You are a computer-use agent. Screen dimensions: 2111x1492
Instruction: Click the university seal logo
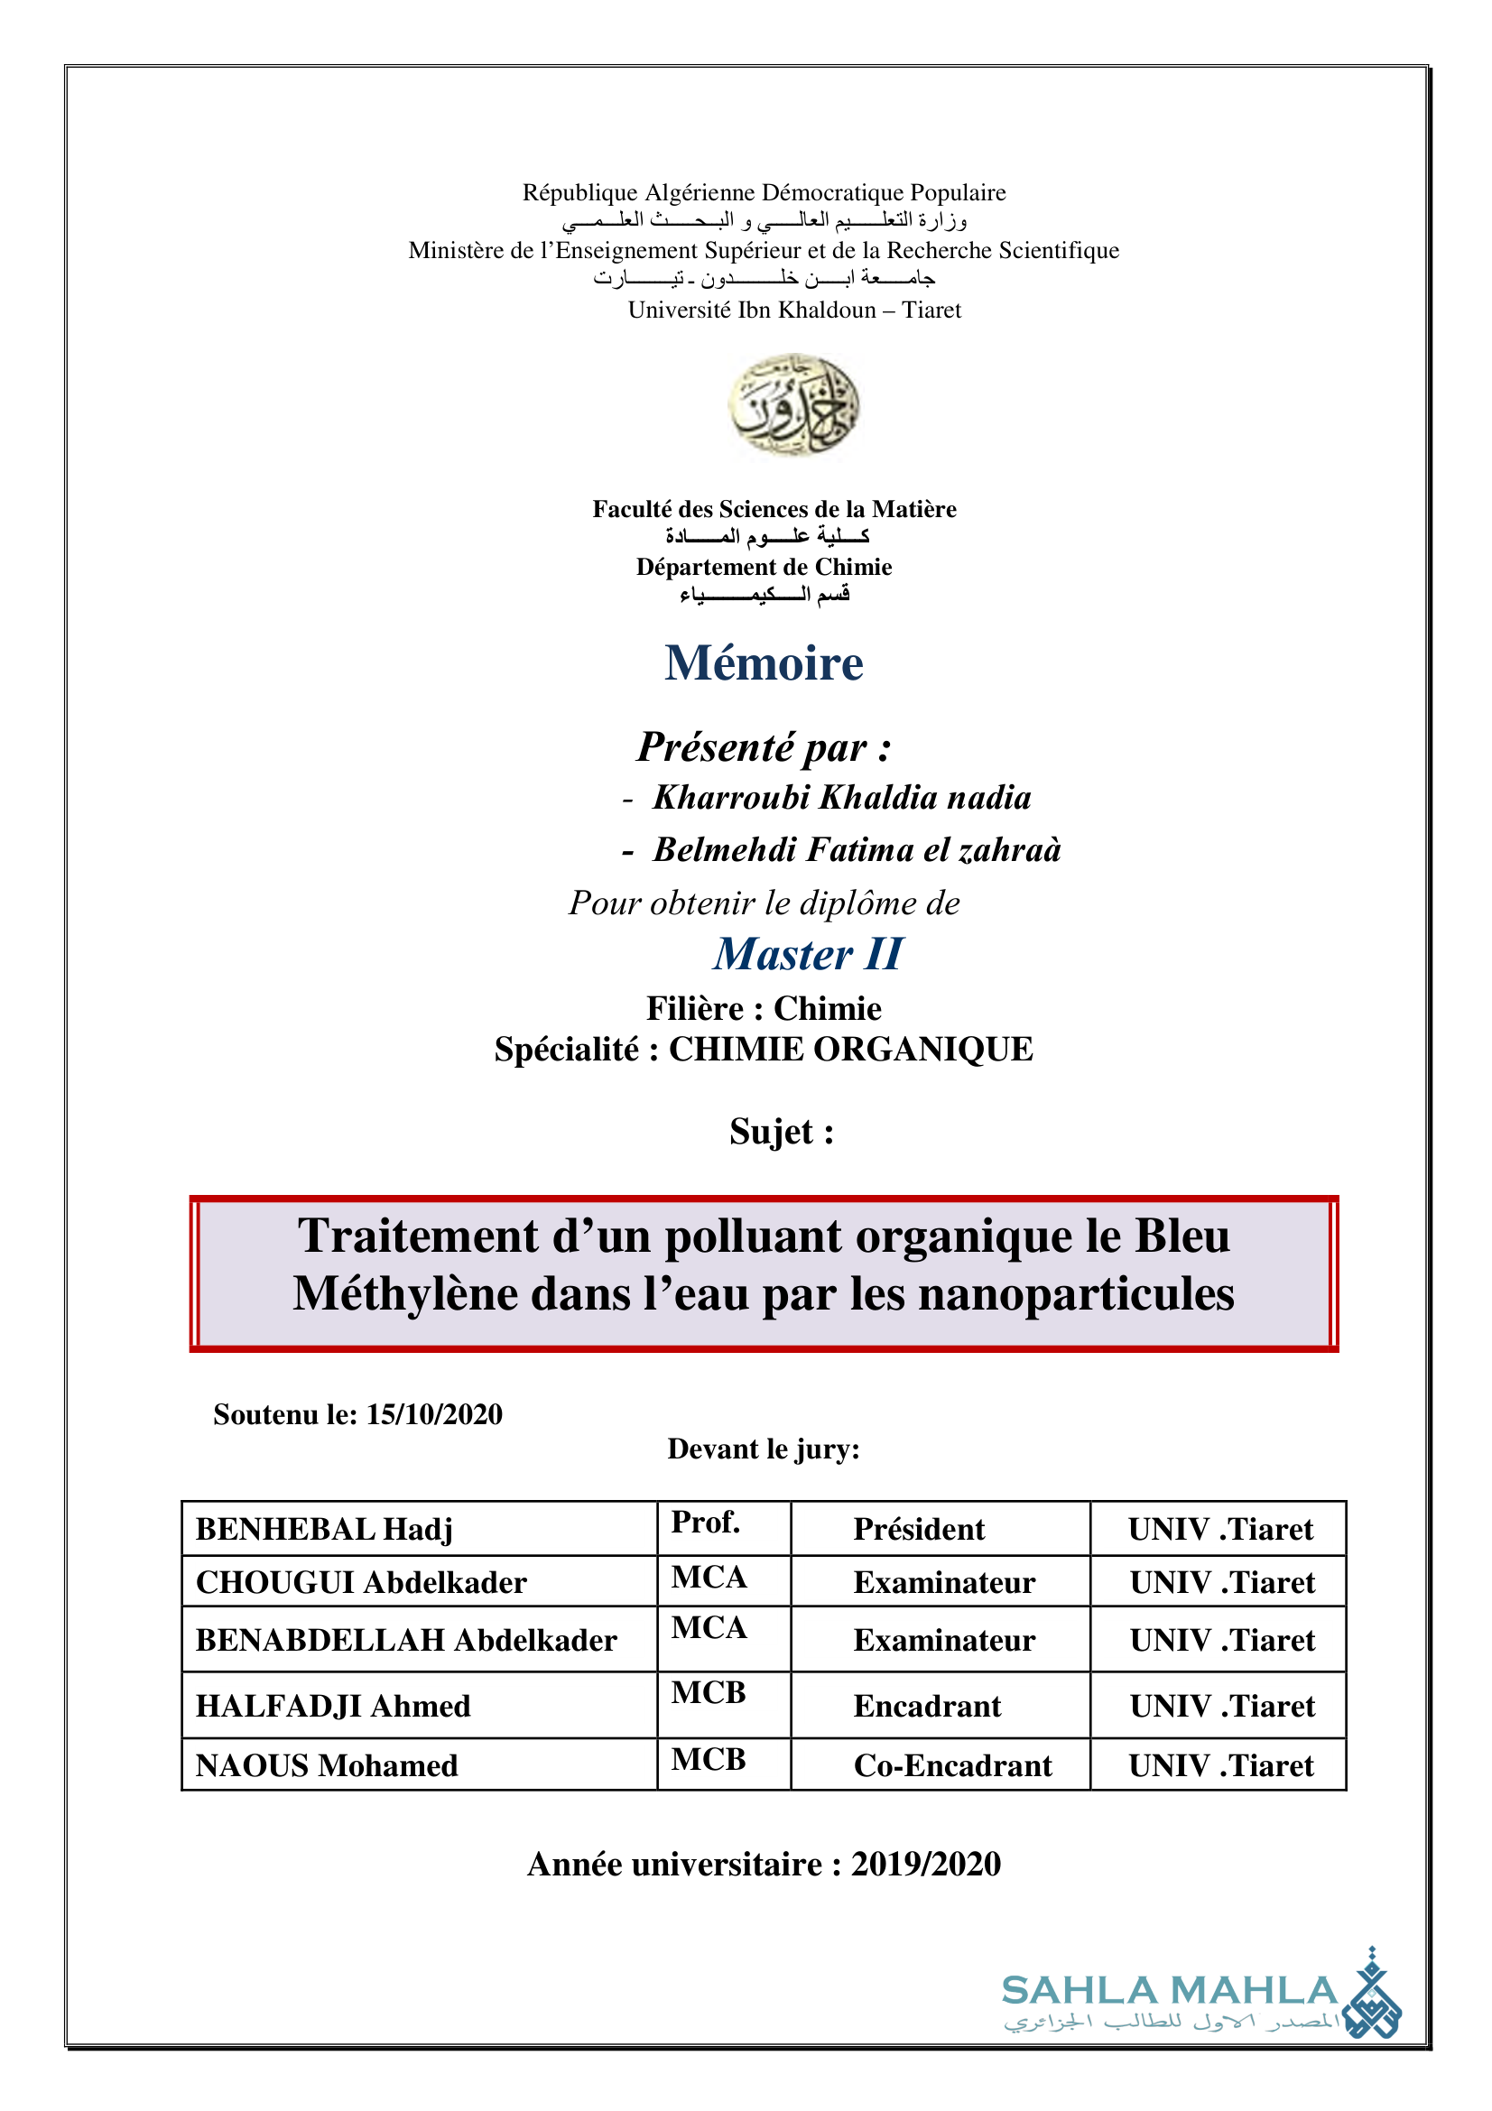793,404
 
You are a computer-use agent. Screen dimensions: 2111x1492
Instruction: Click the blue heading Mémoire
764,663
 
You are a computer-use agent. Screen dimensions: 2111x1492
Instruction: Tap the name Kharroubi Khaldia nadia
841,797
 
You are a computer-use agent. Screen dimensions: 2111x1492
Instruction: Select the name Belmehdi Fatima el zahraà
856,849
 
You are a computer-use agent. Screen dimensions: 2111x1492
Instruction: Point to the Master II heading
808,953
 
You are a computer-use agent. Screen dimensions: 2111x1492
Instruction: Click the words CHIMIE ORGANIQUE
850,1049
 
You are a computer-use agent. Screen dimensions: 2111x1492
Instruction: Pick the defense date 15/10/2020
434,1414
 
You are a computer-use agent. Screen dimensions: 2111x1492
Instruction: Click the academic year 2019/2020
926,1864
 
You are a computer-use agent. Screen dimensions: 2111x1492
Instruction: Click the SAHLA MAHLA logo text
1170,1991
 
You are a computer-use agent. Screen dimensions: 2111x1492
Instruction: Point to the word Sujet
782,1132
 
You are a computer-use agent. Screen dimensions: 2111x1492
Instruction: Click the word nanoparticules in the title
1077,1293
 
